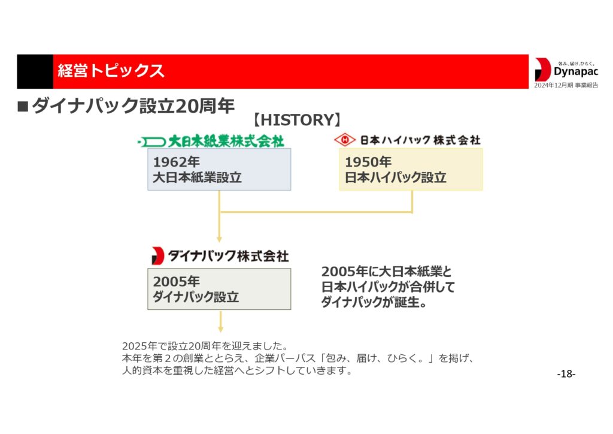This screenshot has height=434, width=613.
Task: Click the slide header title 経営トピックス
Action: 111,71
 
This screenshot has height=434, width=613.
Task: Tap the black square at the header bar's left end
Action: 35,71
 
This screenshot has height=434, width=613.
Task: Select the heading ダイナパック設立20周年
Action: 133,106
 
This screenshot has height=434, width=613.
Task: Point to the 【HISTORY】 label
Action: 298,120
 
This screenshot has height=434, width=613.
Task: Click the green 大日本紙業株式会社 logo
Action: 211,141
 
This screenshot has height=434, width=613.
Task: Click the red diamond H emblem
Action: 345,140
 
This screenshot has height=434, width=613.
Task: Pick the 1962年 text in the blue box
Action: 176,162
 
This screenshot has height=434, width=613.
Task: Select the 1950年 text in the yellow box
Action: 368,162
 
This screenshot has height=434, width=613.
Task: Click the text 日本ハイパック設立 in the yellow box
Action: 395,177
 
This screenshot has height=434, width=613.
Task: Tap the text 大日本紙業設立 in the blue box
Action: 197,177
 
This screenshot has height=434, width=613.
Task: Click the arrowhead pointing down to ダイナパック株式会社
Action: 219,239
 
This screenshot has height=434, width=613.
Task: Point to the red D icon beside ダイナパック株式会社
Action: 157,256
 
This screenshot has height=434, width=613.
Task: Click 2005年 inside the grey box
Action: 176,281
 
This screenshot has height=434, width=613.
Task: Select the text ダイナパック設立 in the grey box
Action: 196,297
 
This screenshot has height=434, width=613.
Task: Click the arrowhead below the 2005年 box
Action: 220,328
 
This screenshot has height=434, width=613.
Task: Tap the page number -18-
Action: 566,374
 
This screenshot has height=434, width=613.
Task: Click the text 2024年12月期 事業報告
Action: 566,85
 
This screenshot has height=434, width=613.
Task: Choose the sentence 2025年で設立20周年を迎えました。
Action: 205,346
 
